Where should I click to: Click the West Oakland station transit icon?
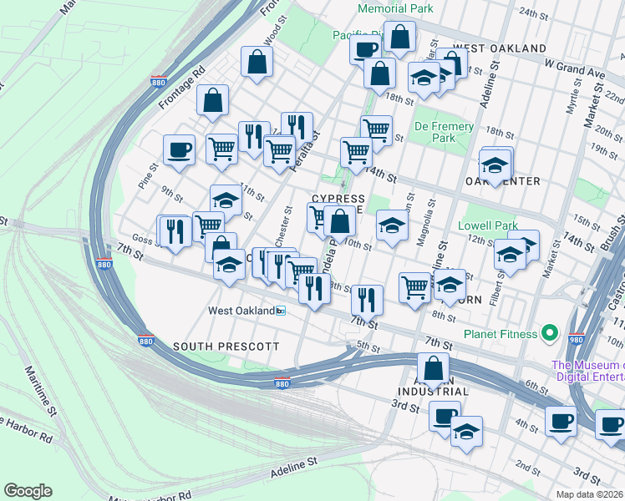click(x=281, y=311)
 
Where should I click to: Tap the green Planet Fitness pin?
click(x=549, y=334)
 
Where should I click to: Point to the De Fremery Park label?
click(x=445, y=132)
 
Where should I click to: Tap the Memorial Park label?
click(x=395, y=8)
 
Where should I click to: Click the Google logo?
click(x=28, y=491)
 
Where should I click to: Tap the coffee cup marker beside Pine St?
click(x=180, y=150)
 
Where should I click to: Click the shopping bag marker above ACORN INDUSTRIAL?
click(x=433, y=368)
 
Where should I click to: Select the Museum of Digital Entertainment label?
click(x=587, y=372)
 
